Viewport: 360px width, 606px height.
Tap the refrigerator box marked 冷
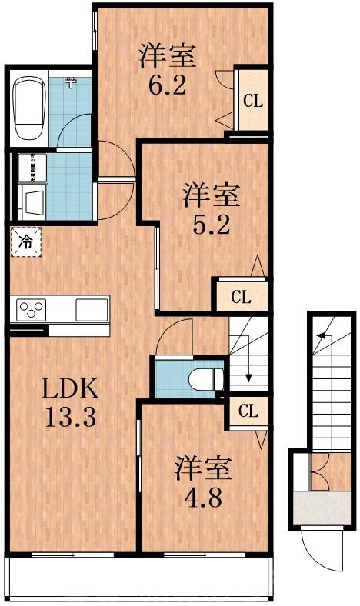(x=25, y=243)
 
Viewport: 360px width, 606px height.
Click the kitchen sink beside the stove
(x=91, y=309)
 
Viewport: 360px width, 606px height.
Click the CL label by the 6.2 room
(x=252, y=100)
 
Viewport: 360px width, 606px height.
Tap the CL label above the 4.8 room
(x=247, y=411)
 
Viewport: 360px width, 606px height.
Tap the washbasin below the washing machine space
(x=33, y=203)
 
